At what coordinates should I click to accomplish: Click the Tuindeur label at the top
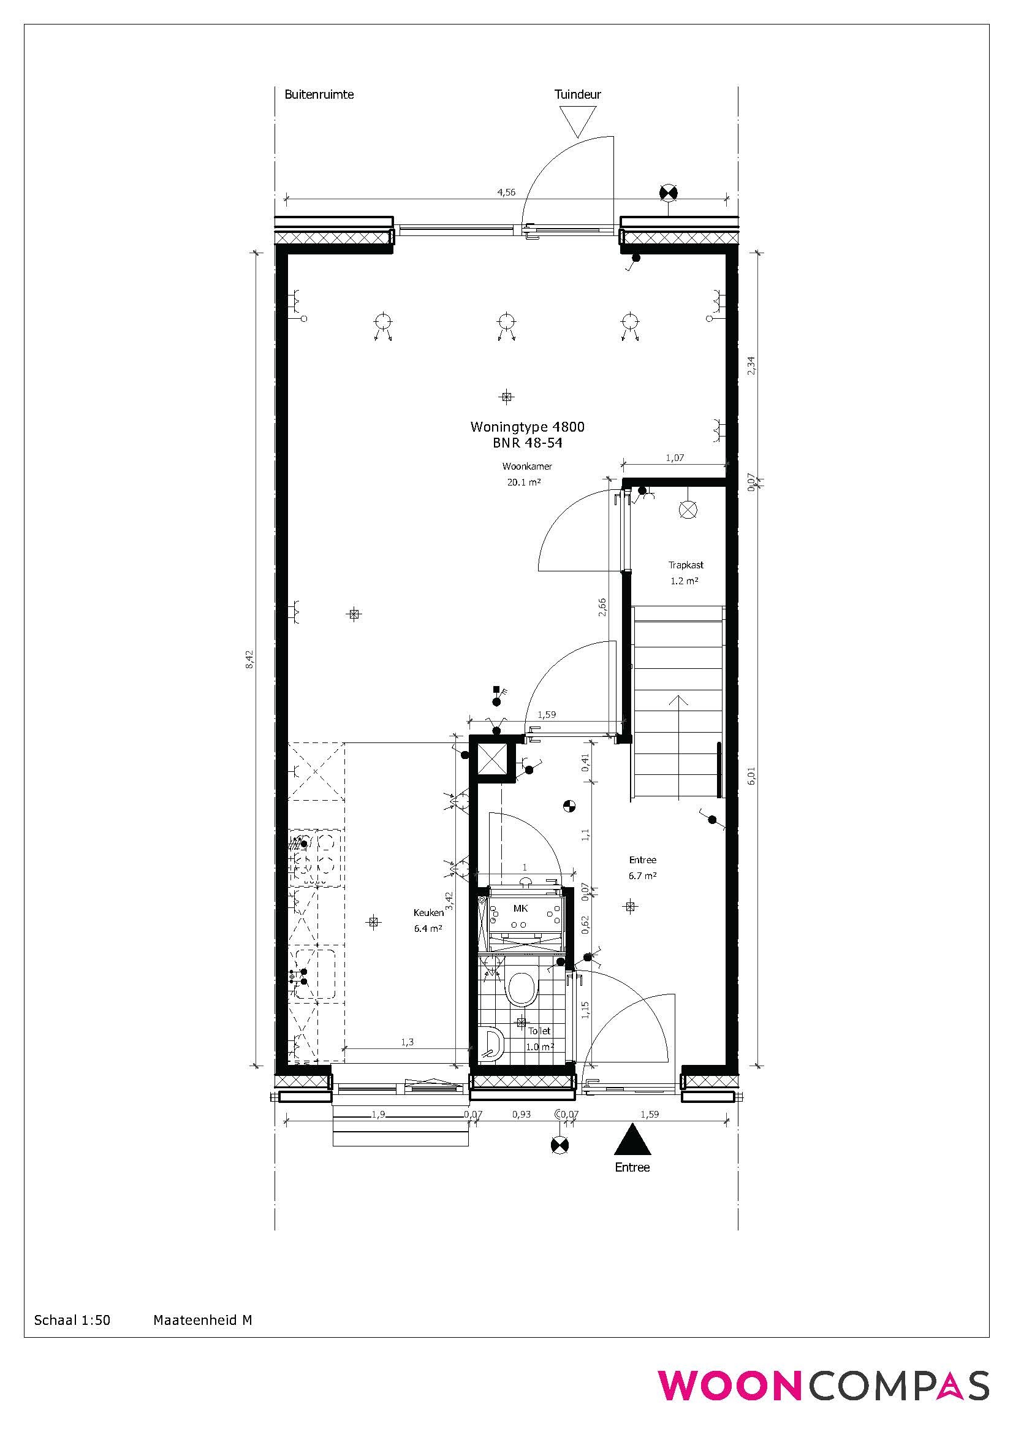coord(577,94)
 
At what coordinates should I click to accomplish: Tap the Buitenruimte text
coord(319,94)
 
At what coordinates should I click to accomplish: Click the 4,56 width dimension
coord(506,192)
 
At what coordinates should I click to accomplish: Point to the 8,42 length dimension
coord(249,660)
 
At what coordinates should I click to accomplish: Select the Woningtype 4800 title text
coord(528,427)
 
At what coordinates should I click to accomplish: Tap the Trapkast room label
coord(686,565)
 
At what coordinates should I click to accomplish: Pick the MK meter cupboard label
coord(520,909)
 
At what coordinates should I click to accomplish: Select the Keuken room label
coord(428,912)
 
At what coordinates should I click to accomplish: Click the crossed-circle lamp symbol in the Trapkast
coord(688,510)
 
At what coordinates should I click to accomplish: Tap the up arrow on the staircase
coord(678,746)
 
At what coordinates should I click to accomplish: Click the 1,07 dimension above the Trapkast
coord(675,457)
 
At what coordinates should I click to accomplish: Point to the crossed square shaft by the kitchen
coord(495,761)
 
